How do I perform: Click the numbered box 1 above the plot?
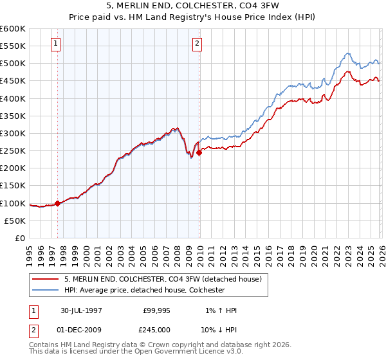click(57, 44)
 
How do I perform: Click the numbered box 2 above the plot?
click(197, 44)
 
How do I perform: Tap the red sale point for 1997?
click(58, 203)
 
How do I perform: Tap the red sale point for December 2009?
click(199, 152)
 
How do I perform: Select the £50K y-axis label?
click(15, 221)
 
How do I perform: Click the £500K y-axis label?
click(13, 64)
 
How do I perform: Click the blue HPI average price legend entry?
click(144, 291)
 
